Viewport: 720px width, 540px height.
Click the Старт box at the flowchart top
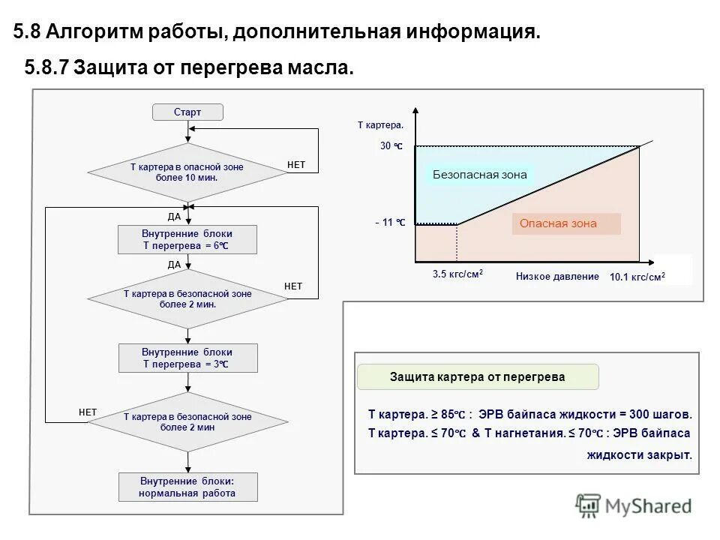pos(187,112)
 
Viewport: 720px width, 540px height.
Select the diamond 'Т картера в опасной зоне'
pos(187,172)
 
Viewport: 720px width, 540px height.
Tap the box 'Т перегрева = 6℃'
pos(187,240)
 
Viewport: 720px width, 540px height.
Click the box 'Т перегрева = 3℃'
pos(187,358)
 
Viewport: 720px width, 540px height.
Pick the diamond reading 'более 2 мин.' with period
pos(187,299)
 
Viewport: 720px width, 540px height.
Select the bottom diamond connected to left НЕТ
pos(187,421)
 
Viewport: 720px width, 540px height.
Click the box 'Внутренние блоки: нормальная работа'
pos(187,487)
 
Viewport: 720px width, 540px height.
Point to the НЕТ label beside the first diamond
pos(296,164)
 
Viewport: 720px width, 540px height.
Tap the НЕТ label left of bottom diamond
pos(88,412)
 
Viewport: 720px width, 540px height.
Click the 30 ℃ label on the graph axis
pos(391,146)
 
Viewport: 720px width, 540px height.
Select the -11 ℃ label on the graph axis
pos(390,223)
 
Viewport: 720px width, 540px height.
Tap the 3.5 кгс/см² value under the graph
pos(457,274)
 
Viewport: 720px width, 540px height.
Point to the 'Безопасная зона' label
pos(480,175)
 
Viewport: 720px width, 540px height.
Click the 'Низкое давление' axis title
pos(557,276)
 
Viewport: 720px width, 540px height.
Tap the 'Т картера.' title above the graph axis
pos(380,125)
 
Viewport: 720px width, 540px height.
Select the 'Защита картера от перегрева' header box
pos(478,376)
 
